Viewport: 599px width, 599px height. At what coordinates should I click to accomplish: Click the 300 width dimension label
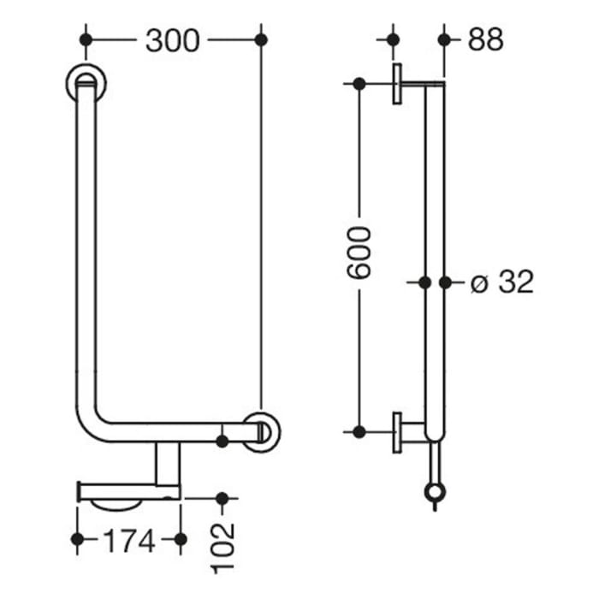[x=172, y=40]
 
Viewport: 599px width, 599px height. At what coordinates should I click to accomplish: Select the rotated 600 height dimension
[x=360, y=252]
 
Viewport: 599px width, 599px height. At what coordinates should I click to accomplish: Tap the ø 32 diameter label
[x=502, y=282]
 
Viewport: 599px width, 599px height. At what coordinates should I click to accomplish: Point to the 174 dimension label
[x=128, y=540]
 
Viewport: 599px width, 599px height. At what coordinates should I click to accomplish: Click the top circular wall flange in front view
[x=86, y=83]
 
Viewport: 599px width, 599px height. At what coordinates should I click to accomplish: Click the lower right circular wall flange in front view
[x=261, y=431]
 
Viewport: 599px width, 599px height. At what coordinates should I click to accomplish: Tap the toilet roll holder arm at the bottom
[x=128, y=490]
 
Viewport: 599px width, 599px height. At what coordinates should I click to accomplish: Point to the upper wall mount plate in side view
[x=398, y=84]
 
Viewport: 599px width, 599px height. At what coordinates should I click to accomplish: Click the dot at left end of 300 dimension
[x=85, y=39]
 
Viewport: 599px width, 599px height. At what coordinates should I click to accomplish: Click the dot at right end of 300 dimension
[x=261, y=39]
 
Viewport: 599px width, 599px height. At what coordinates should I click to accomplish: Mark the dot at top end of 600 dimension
[x=359, y=84]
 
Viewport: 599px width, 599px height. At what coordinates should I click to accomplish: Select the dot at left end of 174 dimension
[x=78, y=539]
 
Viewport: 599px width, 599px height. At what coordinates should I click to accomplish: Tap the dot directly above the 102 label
[x=223, y=497]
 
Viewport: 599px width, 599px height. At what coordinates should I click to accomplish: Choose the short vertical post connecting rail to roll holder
[x=168, y=462]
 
